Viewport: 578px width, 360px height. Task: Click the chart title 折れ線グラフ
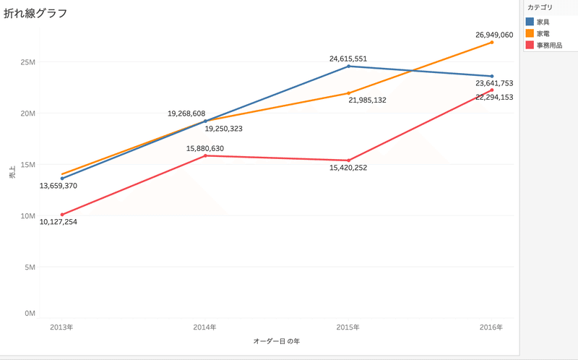coord(35,13)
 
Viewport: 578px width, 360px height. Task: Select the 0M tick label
coord(29,314)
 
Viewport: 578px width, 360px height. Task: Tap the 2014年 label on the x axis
coord(204,327)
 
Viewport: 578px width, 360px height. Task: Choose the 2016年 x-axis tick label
coord(491,327)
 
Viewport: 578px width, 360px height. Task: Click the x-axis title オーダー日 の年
coord(277,340)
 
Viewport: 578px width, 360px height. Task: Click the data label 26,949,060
coord(494,34)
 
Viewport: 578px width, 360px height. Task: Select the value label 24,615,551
coord(349,57)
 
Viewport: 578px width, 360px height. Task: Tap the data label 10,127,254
coord(59,222)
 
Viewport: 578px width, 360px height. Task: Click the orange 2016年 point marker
coord(492,43)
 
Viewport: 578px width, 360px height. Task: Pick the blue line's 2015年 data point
coord(349,67)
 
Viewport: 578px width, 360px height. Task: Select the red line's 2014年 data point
coord(205,155)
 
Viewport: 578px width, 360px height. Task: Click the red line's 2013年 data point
coord(62,214)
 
